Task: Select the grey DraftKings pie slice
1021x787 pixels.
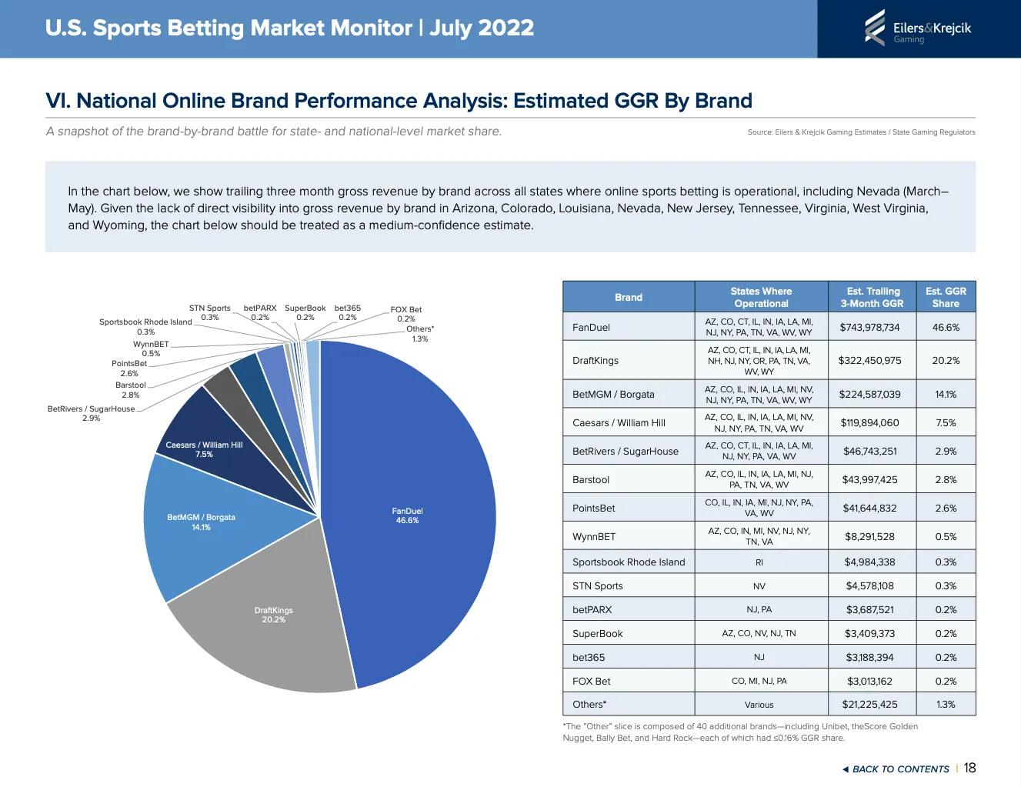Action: coord(273,615)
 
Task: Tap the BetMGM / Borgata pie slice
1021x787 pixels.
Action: coord(201,522)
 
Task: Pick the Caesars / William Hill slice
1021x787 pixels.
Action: coord(204,449)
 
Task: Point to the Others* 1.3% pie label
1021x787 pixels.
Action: coord(420,334)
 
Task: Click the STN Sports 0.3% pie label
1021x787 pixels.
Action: coord(209,312)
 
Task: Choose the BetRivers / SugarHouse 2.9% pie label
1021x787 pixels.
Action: coord(91,413)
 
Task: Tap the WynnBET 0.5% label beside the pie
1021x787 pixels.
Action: coord(151,348)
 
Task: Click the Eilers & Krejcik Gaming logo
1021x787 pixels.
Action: coord(918,28)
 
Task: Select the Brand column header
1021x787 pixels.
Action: coord(628,297)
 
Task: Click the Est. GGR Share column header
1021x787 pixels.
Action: coord(946,297)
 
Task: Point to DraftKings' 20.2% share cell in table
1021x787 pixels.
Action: coord(946,360)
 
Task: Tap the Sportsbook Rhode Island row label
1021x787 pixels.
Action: coord(629,562)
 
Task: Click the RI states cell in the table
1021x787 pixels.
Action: coord(759,562)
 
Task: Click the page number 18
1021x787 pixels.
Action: coord(969,768)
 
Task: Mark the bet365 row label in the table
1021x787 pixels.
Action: coord(589,657)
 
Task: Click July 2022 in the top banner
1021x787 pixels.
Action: coord(482,28)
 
